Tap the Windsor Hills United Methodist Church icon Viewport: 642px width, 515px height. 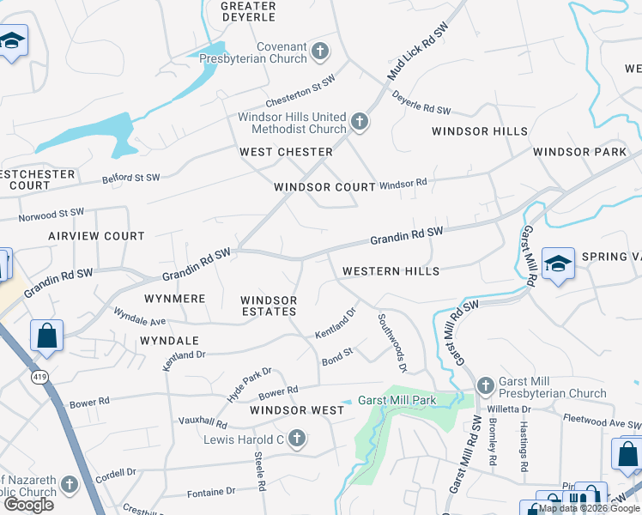(359, 123)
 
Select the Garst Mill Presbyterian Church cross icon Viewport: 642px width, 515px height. (485, 387)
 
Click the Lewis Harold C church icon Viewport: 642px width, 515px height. (297, 439)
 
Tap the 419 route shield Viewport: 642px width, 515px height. (39, 375)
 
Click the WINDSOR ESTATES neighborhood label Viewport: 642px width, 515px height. (269, 306)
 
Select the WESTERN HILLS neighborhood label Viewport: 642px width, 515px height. (391, 271)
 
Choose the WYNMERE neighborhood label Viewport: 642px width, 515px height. (175, 299)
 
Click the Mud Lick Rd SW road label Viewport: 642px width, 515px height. (418, 53)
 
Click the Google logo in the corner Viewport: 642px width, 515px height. (28, 504)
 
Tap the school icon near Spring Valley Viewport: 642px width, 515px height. (558, 266)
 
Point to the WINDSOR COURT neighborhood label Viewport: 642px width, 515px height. (324, 187)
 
